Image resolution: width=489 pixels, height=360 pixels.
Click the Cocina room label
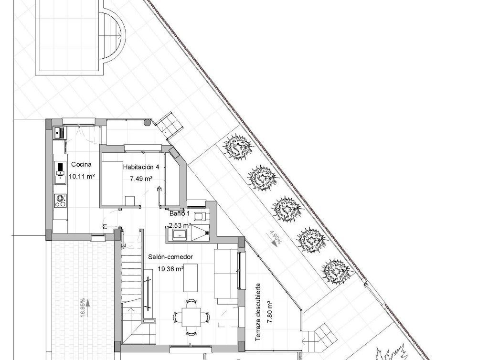click(81, 165)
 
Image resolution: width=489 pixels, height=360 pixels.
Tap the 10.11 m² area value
click(81, 176)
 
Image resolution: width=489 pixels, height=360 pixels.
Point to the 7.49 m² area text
click(141, 179)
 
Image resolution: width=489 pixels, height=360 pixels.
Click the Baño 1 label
click(180, 213)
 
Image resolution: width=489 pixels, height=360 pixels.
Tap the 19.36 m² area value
click(171, 269)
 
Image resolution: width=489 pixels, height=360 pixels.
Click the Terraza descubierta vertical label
click(258, 312)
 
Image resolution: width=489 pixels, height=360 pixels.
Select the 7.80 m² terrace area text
click(269, 312)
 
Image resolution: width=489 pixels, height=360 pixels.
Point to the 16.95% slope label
click(82, 307)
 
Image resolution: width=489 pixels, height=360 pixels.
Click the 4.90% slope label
click(274, 238)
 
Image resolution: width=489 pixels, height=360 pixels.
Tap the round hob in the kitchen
click(61, 200)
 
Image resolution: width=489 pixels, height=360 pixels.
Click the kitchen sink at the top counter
click(60, 132)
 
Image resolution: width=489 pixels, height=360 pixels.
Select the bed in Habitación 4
click(115, 183)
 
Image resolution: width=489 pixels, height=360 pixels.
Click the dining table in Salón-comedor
click(191, 316)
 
